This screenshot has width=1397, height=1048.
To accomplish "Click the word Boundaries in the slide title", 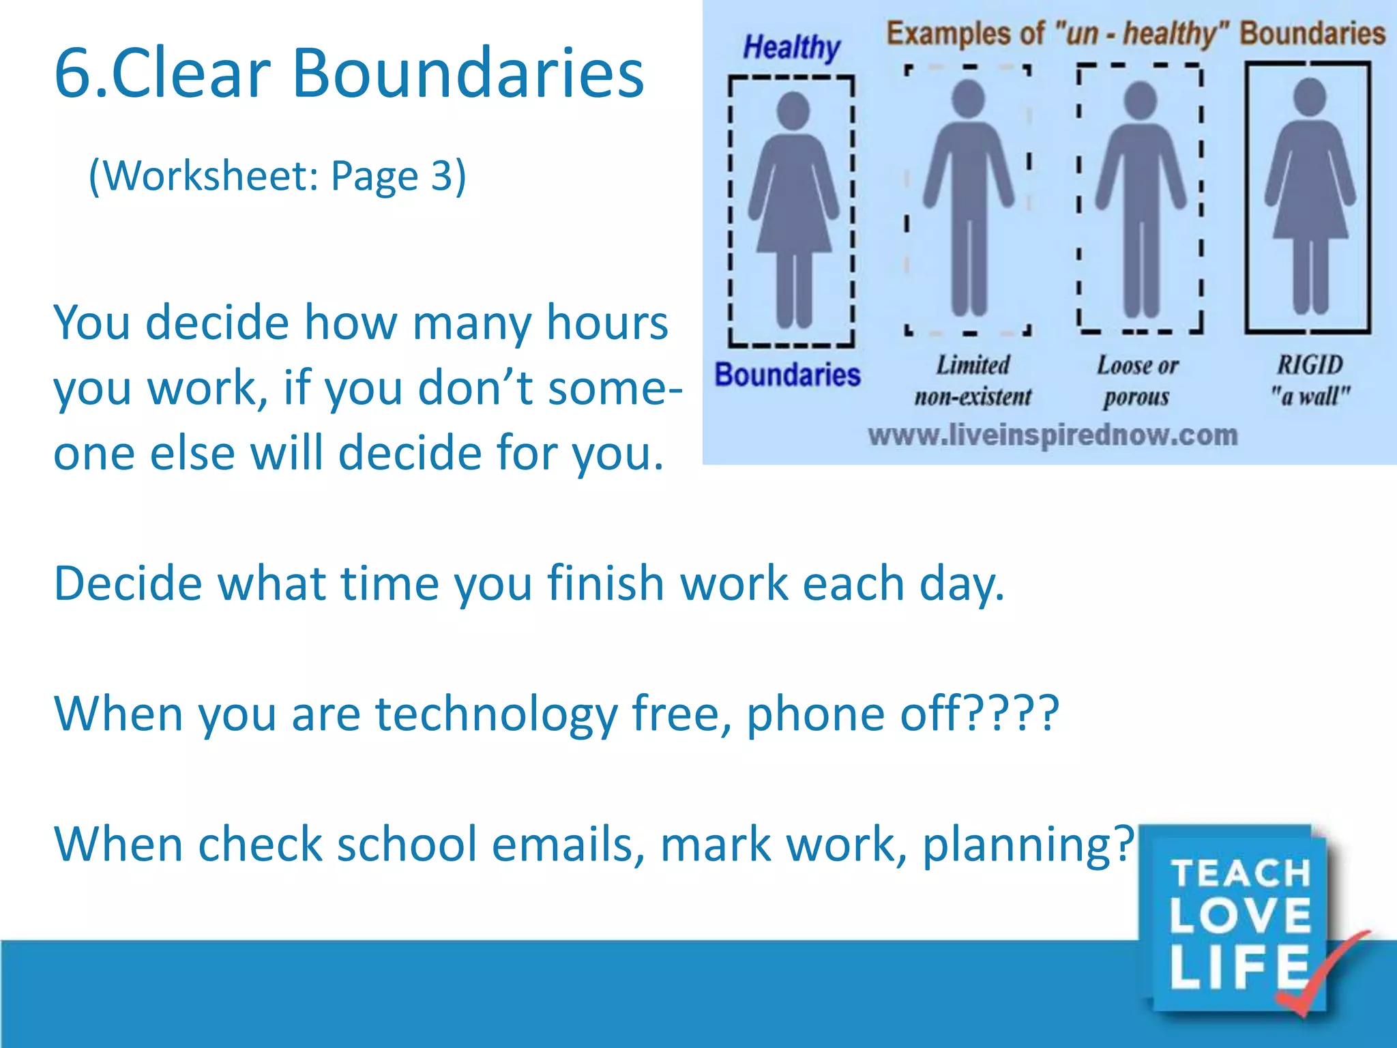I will coord(468,74).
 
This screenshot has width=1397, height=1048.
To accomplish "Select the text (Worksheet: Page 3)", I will coord(278,176).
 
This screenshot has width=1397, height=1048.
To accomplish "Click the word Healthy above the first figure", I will coord(791,48).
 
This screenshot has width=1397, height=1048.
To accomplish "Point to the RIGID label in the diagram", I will coord(1310,365).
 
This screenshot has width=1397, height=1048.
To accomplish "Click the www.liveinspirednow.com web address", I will coord(1053,435).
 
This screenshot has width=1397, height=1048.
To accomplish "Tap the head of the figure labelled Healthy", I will coord(793,110).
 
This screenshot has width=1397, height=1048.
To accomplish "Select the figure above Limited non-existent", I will coord(969,198).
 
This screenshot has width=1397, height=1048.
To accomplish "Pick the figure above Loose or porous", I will coord(1141,198).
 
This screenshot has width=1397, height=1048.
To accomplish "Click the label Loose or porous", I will coord(1137,381).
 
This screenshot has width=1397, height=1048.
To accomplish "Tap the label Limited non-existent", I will coord(973,381).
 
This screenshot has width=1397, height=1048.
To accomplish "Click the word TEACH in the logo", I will coord(1241,873).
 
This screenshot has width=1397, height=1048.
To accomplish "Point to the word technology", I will coord(496,714).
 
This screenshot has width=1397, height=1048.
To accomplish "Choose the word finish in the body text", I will coord(605,584).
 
